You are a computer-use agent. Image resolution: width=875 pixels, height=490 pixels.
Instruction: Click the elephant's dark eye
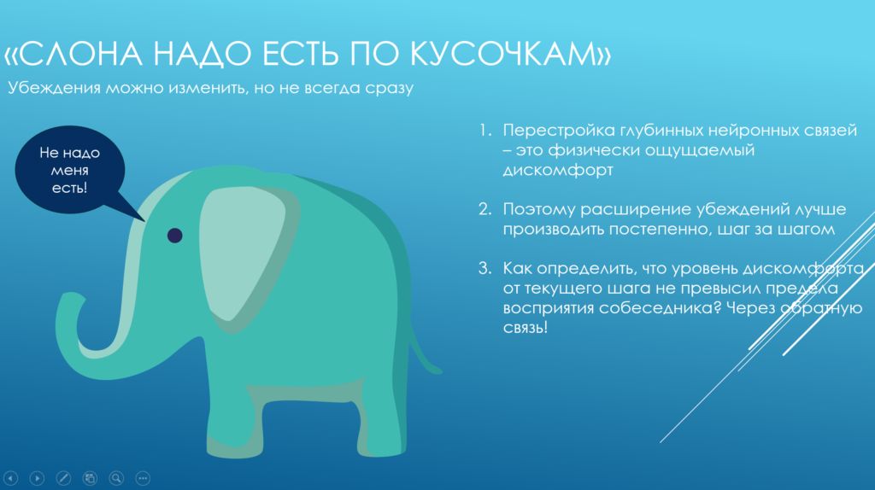174,235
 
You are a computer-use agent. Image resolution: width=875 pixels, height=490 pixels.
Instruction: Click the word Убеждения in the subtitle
55,88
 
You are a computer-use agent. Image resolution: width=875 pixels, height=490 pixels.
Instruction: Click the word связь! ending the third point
525,327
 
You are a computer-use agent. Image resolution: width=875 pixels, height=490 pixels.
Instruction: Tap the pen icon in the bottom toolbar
62,478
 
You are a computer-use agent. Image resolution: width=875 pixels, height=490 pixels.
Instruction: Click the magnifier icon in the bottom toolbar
116,478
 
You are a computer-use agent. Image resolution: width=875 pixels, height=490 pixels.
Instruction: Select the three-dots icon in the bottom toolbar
143,478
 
